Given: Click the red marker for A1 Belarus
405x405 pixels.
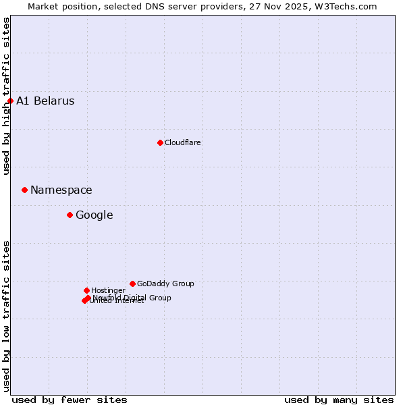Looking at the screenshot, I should [x=10, y=101].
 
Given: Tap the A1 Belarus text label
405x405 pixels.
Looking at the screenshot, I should [x=45, y=101].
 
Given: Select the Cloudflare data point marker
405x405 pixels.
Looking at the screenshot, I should [x=160, y=142].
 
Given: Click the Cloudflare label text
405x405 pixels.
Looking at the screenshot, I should [x=182, y=142].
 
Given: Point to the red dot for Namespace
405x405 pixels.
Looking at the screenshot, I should [x=24, y=190].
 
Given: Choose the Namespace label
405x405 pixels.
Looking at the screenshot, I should [x=61, y=190].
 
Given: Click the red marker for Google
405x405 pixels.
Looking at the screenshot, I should [x=70, y=215].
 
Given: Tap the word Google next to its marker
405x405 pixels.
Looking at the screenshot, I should [x=94, y=215].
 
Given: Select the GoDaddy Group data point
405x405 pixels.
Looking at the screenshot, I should [x=132, y=283].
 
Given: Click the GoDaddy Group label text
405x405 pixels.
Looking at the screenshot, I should [x=165, y=283].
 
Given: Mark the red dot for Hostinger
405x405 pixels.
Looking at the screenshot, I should [x=86, y=290].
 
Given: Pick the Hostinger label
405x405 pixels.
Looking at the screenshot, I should [x=108, y=290].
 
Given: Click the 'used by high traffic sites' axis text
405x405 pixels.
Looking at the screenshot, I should [x=7, y=96].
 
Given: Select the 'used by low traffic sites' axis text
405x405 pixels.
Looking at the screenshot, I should [x=7, y=315].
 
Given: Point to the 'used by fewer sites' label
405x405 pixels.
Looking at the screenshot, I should [x=70, y=400].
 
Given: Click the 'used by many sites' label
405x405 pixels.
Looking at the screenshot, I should [x=339, y=400].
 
